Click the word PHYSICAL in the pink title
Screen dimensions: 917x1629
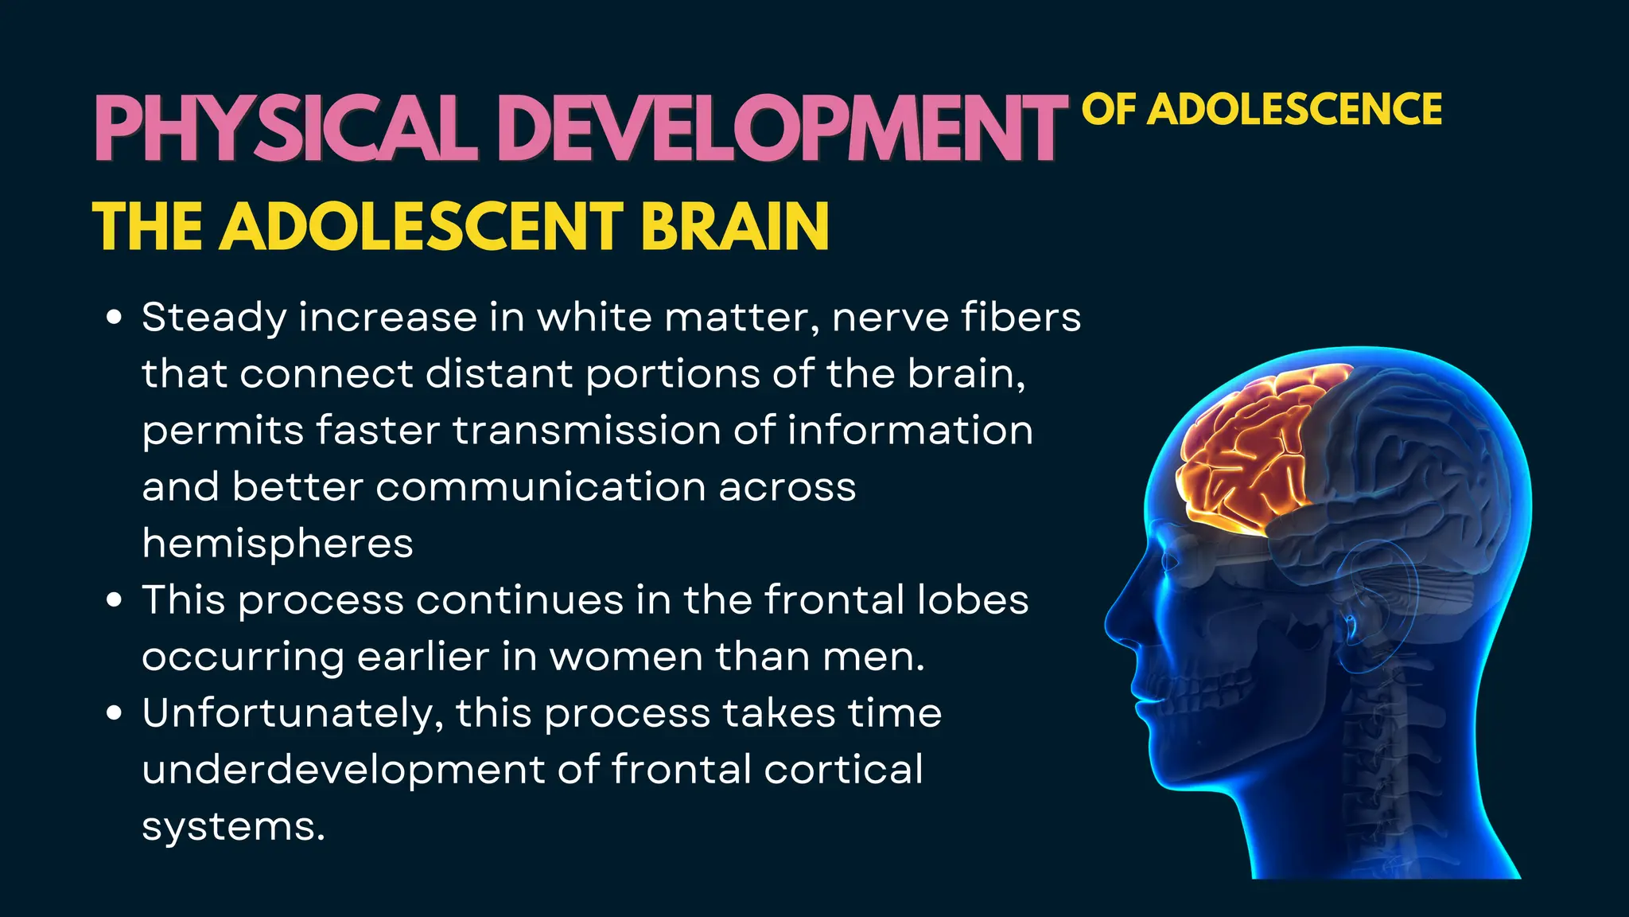click(286, 129)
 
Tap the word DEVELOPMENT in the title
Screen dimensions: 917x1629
click(783, 129)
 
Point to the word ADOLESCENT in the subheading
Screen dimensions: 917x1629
click(422, 226)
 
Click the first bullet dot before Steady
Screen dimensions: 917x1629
click(115, 318)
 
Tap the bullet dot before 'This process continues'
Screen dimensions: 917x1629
click(115, 600)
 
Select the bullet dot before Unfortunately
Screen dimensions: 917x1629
click(115, 713)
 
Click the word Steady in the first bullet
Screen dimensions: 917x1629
click(214, 318)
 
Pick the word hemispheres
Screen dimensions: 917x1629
click(278, 544)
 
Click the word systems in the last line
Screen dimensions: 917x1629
click(232, 826)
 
